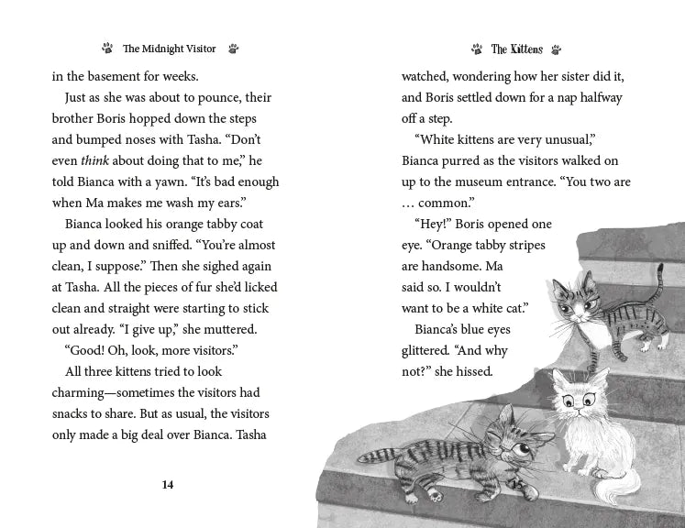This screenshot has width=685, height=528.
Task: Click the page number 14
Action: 168,485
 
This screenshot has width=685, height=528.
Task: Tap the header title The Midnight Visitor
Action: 171,49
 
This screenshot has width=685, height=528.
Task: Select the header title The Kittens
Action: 516,49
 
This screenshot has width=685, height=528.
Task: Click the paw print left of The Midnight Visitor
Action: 107,49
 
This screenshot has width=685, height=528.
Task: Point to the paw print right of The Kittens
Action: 557,49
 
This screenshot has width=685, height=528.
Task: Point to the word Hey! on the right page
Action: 434,224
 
